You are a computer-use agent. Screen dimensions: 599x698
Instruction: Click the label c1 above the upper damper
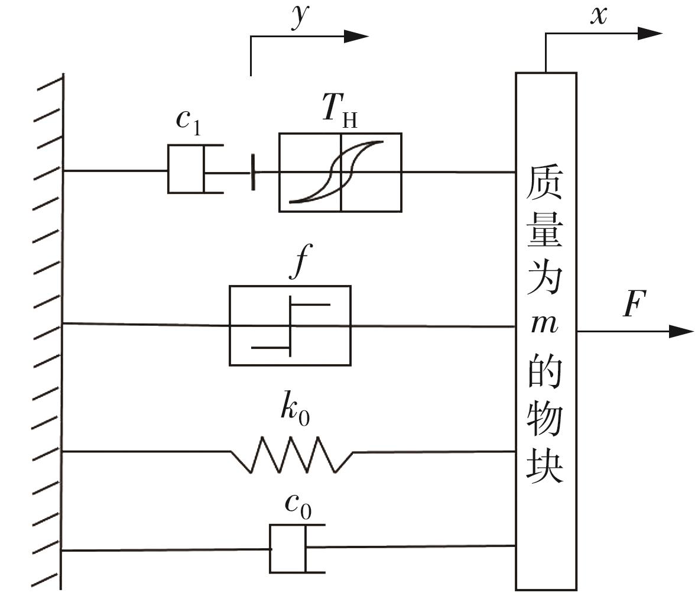(189, 121)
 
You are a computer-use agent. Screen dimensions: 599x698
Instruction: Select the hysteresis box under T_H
(340, 172)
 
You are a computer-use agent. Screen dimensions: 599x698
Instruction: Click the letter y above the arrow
(300, 18)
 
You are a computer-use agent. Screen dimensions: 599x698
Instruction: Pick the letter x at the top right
(599, 15)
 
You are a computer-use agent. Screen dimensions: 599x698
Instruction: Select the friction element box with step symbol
(290, 326)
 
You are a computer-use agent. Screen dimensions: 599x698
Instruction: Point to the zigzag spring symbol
(292, 454)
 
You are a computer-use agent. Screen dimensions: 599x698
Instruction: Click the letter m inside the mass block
(544, 324)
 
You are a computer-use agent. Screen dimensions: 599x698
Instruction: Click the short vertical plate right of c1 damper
(253, 172)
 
